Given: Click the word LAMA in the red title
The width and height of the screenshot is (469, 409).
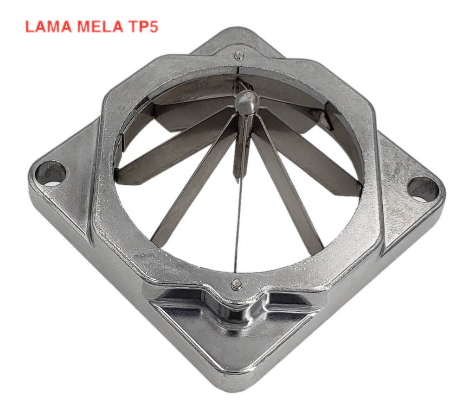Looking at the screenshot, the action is click(48, 26).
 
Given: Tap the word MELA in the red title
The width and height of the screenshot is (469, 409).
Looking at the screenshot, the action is click(100, 26).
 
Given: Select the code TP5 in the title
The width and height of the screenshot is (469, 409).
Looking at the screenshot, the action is click(143, 26).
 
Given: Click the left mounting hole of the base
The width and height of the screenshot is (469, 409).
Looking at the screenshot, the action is click(51, 174).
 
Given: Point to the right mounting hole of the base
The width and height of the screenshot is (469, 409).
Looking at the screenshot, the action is click(423, 189).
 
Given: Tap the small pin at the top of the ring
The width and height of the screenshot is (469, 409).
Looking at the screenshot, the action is click(239, 55).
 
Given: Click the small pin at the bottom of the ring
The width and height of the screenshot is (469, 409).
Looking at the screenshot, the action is click(236, 284).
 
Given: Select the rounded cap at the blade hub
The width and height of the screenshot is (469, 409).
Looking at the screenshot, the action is click(247, 102).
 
